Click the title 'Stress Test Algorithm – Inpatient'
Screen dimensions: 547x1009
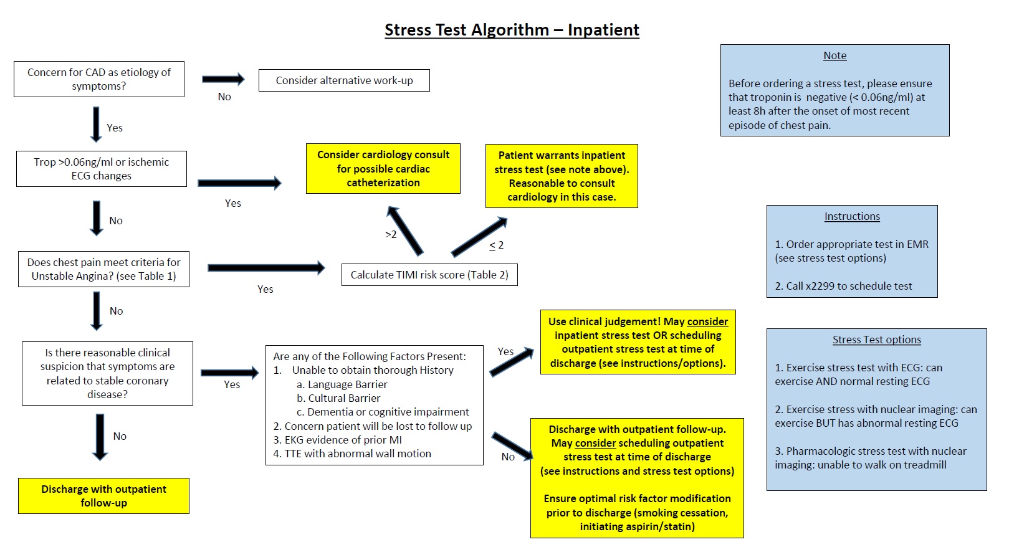pos(512,30)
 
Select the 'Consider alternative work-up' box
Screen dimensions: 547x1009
pos(344,80)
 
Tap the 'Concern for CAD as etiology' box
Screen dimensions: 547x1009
pos(99,79)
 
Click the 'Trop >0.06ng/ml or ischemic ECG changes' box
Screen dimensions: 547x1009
pos(102,169)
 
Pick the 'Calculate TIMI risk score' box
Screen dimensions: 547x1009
pos(429,275)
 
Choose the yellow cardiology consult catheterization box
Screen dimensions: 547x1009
pos(383,169)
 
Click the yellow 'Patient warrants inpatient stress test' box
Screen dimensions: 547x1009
pos(562,176)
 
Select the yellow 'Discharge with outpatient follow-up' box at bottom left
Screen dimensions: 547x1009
pos(103,496)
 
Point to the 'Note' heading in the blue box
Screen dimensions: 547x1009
pos(834,55)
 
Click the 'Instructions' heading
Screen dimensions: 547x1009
pos(852,216)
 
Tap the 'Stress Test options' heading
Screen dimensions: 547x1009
pos(876,340)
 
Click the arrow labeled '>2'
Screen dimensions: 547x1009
pos(405,231)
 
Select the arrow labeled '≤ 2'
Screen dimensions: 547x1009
pos(479,237)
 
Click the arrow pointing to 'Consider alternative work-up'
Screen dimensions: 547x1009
pos(223,79)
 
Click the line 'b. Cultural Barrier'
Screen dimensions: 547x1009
pos(338,398)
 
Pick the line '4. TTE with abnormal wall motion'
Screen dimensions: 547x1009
pos(352,454)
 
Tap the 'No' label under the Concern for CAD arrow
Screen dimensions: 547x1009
pos(224,97)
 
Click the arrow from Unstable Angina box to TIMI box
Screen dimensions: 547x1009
pos(266,268)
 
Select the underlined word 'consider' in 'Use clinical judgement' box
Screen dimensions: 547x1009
pos(707,321)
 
